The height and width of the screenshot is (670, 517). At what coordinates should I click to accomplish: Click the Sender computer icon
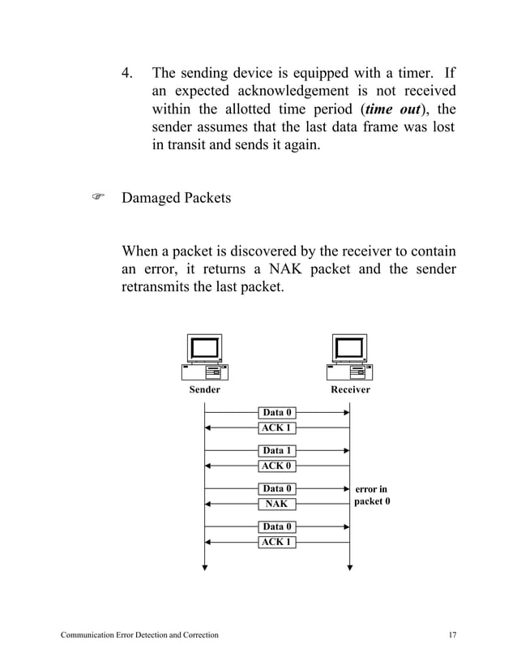point(204,358)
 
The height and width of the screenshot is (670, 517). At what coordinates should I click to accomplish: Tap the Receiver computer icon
point(350,358)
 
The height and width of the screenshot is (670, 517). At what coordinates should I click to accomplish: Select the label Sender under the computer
point(204,390)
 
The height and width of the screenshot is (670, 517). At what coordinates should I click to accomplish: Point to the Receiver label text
point(350,390)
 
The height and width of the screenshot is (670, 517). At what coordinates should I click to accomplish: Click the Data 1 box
point(276,451)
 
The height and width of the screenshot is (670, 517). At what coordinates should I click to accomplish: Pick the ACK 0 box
point(276,466)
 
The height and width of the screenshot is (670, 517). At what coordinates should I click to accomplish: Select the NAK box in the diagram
point(276,504)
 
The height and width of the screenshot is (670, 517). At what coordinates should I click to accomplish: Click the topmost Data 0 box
point(276,413)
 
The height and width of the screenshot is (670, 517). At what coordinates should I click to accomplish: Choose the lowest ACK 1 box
point(276,542)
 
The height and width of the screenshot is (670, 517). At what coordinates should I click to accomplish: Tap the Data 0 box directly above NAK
point(276,489)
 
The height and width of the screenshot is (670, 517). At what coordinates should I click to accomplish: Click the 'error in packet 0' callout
point(372,495)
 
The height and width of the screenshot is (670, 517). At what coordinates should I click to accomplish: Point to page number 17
point(451,634)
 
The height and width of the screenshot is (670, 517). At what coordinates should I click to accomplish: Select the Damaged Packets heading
point(176,197)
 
